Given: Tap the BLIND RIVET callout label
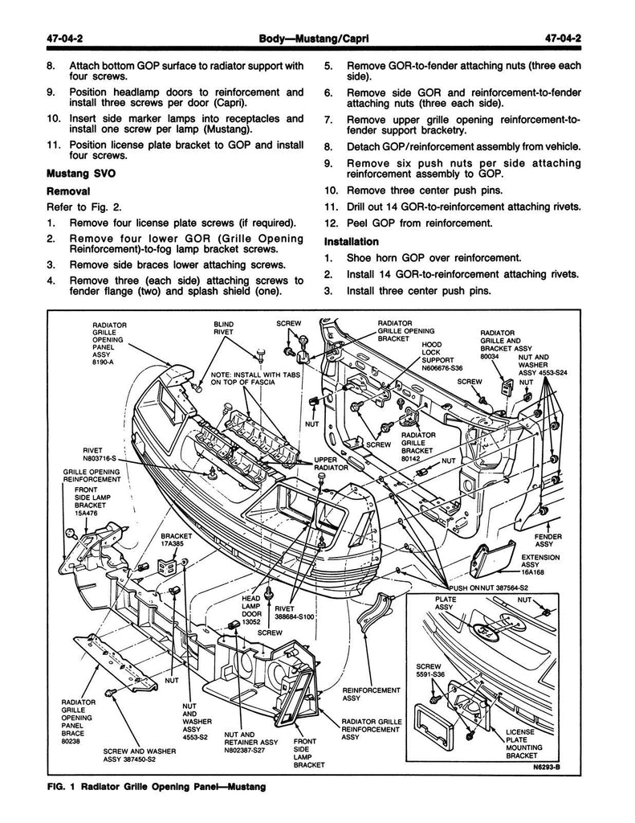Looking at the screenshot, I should point(223,327).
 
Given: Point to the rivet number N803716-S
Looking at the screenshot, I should point(100,457).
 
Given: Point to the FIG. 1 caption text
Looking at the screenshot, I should point(152,786).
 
